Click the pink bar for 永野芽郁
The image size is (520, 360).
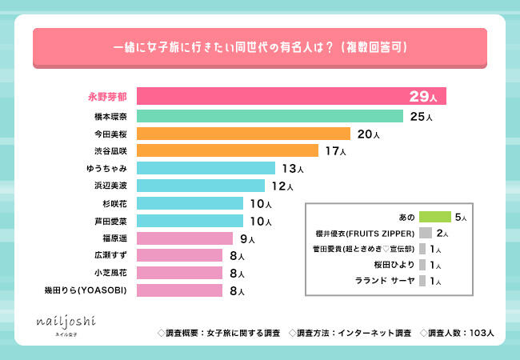pyautogui.click(x=291, y=97)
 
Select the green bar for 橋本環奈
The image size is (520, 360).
pyautogui.click(x=270, y=116)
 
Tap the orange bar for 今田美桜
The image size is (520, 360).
pyautogui.click(x=243, y=134)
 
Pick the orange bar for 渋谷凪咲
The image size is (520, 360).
pyautogui.click(x=227, y=150)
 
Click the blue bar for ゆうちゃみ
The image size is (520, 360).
pyautogui.click(x=206, y=168)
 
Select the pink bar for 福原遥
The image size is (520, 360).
pyautogui.click(x=185, y=238)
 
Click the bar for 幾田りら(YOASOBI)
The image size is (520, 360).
pyautogui.click(x=179, y=290)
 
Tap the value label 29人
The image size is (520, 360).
pyautogui.click(x=422, y=97)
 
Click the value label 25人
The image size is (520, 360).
pyautogui.click(x=421, y=117)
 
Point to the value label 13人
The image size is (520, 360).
pyautogui.click(x=293, y=169)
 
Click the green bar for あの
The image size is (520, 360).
pyautogui.click(x=435, y=217)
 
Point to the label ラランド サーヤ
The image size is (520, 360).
pyautogui.click(x=384, y=281)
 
